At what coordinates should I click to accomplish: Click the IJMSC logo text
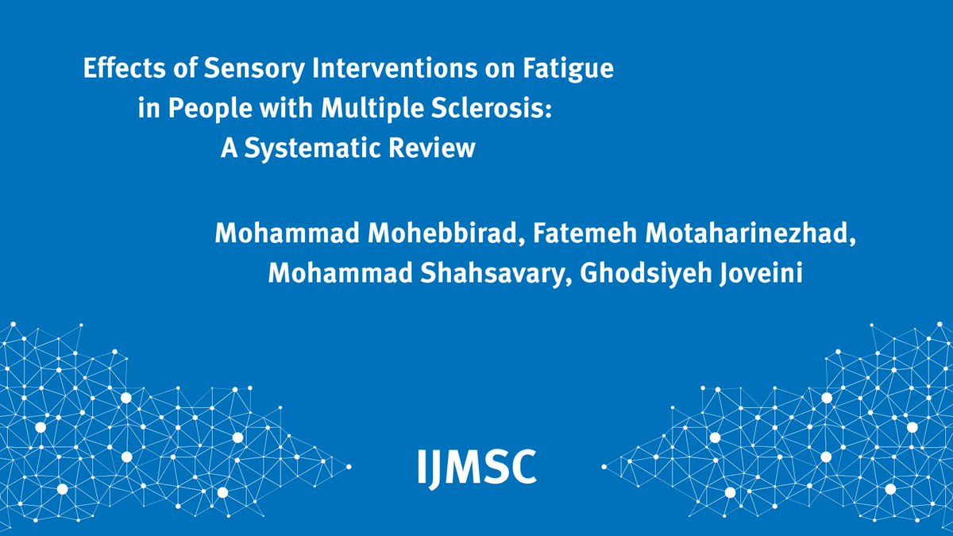click(x=476, y=466)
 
